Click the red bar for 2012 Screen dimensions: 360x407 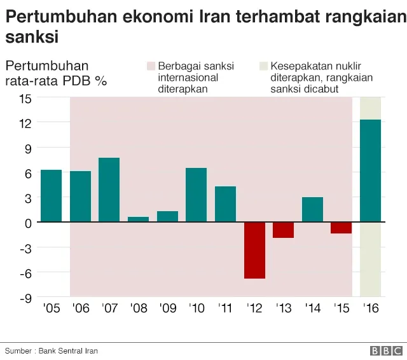click(254, 250)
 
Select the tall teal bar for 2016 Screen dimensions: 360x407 click(370, 170)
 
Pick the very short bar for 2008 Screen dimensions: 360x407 click(138, 219)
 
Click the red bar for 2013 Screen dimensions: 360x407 click(283, 230)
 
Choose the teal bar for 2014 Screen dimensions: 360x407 click(312, 209)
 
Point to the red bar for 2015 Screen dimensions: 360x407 click(341, 228)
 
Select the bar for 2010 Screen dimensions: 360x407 click(196, 195)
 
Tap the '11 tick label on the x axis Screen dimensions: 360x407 click(225, 308)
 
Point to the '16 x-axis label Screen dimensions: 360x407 click(370, 308)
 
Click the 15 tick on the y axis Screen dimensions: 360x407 click(25, 98)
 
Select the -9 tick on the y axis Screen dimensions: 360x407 click(25, 297)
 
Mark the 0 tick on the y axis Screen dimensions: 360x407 click(27, 223)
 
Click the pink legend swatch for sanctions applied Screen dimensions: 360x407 click(151, 66)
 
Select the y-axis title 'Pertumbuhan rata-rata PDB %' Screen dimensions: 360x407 click(56, 73)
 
